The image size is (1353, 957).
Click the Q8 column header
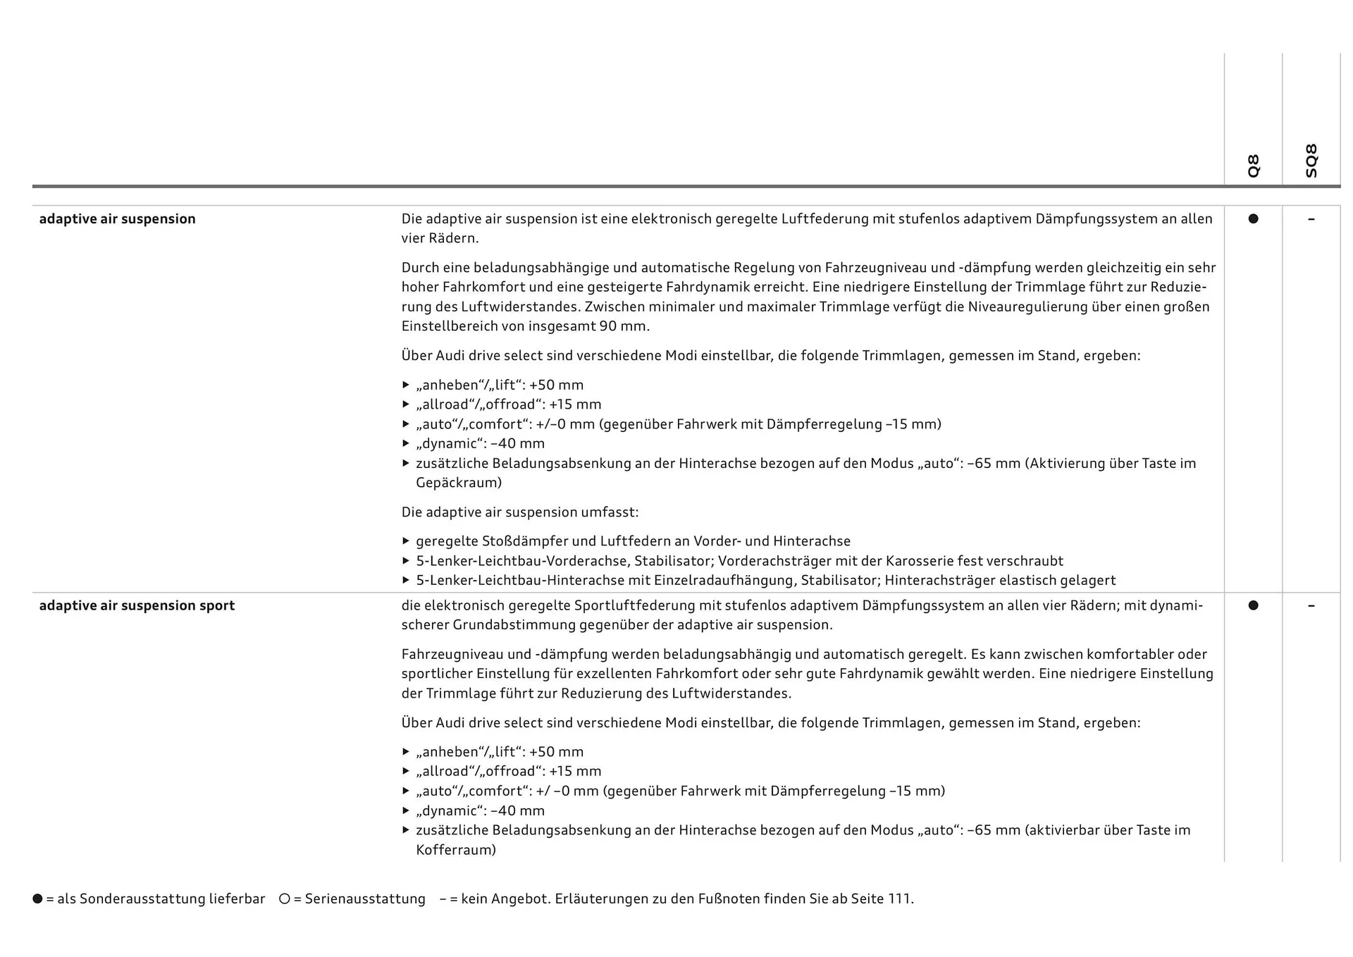coord(1253,166)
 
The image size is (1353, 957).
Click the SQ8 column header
coord(1311,161)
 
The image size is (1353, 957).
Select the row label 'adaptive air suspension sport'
coord(137,605)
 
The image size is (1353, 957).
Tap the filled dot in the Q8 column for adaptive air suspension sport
coord(1253,605)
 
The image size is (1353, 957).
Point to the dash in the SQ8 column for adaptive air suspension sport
coord(1311,605)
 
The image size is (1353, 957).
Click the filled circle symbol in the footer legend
coord(37,899)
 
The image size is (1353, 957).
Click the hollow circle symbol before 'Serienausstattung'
coord(285,899)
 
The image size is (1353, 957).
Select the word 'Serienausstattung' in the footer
coord(365,899)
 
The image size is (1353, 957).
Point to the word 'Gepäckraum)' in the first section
coord(459,483)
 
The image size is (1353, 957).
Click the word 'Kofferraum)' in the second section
coord(456,850)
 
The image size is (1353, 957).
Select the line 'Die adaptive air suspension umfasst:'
coord(520,512)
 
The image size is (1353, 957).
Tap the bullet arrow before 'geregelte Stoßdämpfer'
coord(406,541)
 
